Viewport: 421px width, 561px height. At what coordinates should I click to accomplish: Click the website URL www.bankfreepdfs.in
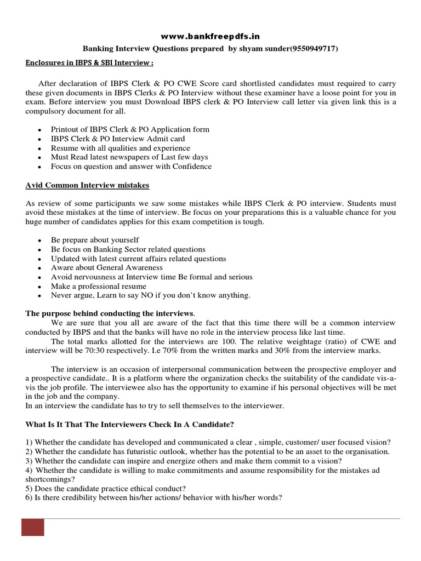click(x=210, y=36)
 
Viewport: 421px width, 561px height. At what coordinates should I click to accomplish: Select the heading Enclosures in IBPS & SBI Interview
click(x=89, y=63)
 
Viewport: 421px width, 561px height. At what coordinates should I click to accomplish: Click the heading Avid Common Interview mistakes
click(x=87, y=185)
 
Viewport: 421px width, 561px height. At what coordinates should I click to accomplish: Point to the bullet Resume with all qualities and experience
click(x=121, y=148)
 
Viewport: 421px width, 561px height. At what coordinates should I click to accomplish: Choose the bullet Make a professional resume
click(x=99, y=286)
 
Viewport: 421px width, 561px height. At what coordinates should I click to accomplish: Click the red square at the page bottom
click(x=33, y=528)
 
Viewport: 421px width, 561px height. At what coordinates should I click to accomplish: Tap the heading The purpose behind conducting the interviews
click(x=110, y=313)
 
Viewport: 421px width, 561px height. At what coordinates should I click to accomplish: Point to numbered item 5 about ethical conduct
click(x=106, y=488)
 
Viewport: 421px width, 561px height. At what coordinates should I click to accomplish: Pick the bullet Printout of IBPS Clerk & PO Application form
click(x=130, y=129)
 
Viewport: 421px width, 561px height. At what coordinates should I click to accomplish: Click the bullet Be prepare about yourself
click(x=95, y=240)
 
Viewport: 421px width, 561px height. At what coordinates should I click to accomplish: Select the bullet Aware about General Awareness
click(x=107, y=267)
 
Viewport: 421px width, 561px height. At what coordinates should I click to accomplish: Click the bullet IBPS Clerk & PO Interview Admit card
click(x=118, y=139)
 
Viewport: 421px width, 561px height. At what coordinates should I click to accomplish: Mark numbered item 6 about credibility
click(x=154, y=497)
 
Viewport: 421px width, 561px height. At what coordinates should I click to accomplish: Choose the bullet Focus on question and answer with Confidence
click(x=131, y=167)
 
